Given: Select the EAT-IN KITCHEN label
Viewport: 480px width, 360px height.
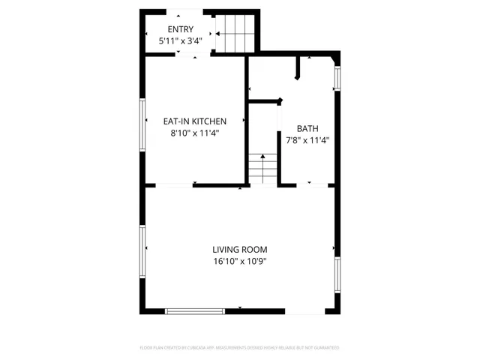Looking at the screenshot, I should click(195, 121).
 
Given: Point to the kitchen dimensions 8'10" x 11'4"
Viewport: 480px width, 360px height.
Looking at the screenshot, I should click(195, 133).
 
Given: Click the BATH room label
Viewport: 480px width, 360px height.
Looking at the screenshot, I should click(307, 127).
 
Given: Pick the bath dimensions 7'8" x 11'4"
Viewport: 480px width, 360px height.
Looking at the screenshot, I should click(307, 139).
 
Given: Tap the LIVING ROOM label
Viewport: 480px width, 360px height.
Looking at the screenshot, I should click(239, 250).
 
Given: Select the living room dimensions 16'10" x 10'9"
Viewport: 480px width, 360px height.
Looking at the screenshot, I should click(239, 262).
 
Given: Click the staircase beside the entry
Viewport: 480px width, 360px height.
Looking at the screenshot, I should click(237, 33).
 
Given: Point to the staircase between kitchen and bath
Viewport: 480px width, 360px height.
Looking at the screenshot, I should click(262, 168).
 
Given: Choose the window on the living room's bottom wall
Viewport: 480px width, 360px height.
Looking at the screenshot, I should click(194, 310).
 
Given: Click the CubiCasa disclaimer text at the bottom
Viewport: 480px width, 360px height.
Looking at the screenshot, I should click(239, 348).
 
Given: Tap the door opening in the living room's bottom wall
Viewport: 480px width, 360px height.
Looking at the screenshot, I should click(306, 310).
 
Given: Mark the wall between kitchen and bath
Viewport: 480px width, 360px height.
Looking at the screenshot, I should click(247, 120).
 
